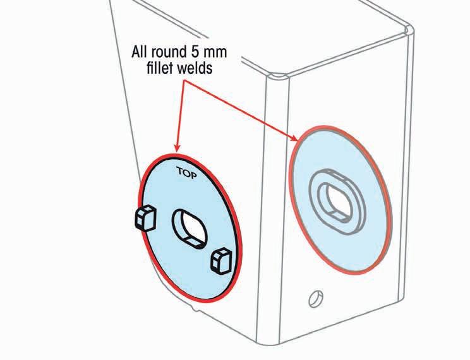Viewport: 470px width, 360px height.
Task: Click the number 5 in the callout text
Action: click(x=202, y=51)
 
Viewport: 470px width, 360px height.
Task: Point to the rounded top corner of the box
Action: click(x=276, y=75)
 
